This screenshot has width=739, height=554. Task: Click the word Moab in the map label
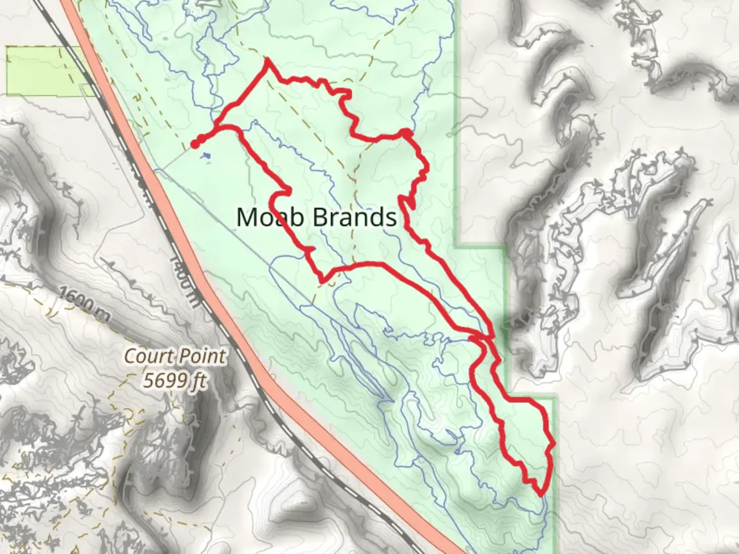point(271,217)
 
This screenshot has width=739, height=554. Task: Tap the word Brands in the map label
point(355,217)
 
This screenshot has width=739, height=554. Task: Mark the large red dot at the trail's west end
point(195,144)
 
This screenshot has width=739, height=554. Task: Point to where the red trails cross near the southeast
point(482,338)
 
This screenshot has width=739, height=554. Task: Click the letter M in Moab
point(247,217)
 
